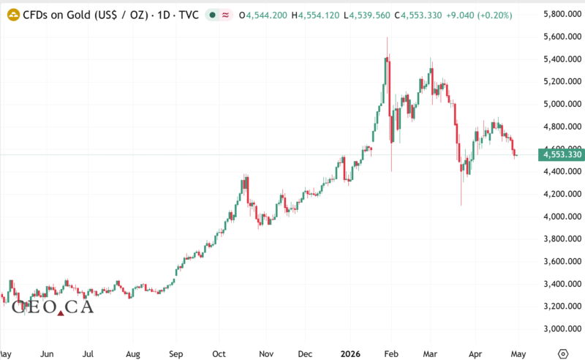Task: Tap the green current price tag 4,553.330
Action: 560,154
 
